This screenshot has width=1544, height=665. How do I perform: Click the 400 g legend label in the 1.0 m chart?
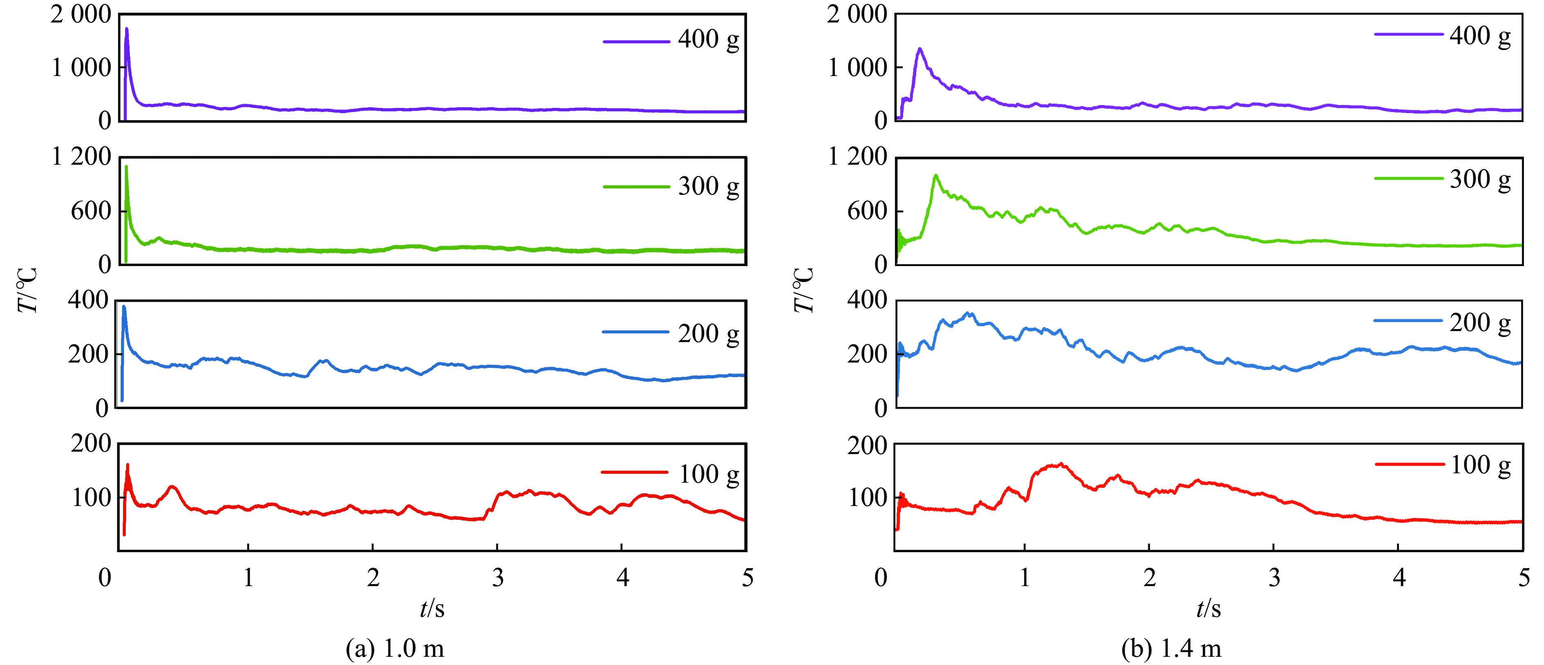pos(708,40)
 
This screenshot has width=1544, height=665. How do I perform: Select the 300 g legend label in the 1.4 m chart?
pos(1479,179)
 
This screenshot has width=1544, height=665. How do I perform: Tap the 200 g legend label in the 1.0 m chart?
pos(708,334)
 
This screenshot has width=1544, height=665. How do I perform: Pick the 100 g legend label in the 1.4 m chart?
pos(1479,465)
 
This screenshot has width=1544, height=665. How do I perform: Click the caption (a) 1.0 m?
pos(395,648)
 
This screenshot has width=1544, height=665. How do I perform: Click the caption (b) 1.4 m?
pos(1171,648)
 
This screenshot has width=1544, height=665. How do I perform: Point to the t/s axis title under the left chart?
pos(432,609)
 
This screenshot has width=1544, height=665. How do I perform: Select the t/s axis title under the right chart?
pos(1208,609)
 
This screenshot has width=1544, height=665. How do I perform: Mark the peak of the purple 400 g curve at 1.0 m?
pos(127,29)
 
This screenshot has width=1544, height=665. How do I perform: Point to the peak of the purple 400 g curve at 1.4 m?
pos(919,49)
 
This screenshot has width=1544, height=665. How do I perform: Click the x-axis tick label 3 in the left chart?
pos(498,578)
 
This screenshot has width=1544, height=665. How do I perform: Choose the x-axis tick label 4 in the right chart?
pos(1399,578)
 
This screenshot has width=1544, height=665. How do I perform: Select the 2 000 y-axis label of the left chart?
pos(81,14)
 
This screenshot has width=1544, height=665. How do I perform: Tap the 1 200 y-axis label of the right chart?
pos(857,157)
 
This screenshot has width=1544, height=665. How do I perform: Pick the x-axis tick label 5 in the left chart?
pos(747,578)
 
